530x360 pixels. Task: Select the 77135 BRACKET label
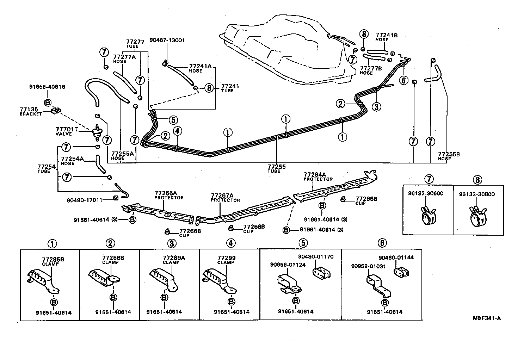click(x=30, y=112)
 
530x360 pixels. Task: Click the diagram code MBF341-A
click(x=487, y=318)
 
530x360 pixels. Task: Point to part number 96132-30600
click(x=426, y=193)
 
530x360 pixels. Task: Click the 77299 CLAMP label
click(x=226, y=260)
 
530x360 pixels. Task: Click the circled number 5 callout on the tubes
click(x=173, y=120)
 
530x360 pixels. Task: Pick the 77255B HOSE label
click(x=449, y=156)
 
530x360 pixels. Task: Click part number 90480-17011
click(x=85, y=200)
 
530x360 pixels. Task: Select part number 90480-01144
click(x=396, y=257)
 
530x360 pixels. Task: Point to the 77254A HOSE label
click(x=72, y=161)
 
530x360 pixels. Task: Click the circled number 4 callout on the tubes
click(x=178, y=131)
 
